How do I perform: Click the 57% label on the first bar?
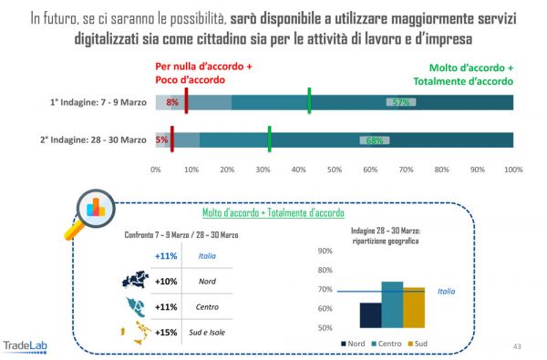point(397,102)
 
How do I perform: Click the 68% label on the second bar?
point(374,140)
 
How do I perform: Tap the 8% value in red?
point(172,102)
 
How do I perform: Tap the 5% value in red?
point(161,140)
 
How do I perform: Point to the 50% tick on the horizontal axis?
point(335,170)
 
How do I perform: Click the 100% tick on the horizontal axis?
point(513,170)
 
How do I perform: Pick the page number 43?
point(517,346)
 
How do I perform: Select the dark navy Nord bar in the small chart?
point(370,314)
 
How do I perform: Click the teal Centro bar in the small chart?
point(392,304)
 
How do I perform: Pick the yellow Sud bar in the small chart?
point(414,307)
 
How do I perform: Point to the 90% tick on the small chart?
point(323,252)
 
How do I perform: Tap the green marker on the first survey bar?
point(309,100)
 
